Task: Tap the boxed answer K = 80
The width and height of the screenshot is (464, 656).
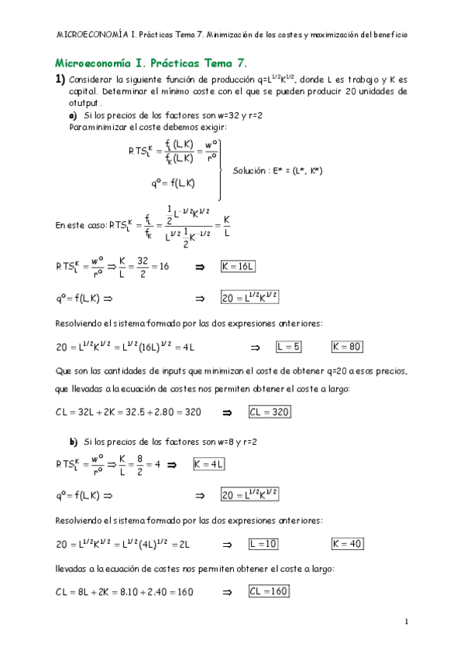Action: [347, 347]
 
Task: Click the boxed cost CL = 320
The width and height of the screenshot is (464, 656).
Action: [270, 412]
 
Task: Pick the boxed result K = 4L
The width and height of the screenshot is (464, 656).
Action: [208, 464]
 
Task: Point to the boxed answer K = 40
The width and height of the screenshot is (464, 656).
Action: [347, 544]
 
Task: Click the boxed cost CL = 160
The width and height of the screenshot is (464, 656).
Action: [269, 592]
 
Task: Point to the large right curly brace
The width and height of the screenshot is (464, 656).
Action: [222, 169]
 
